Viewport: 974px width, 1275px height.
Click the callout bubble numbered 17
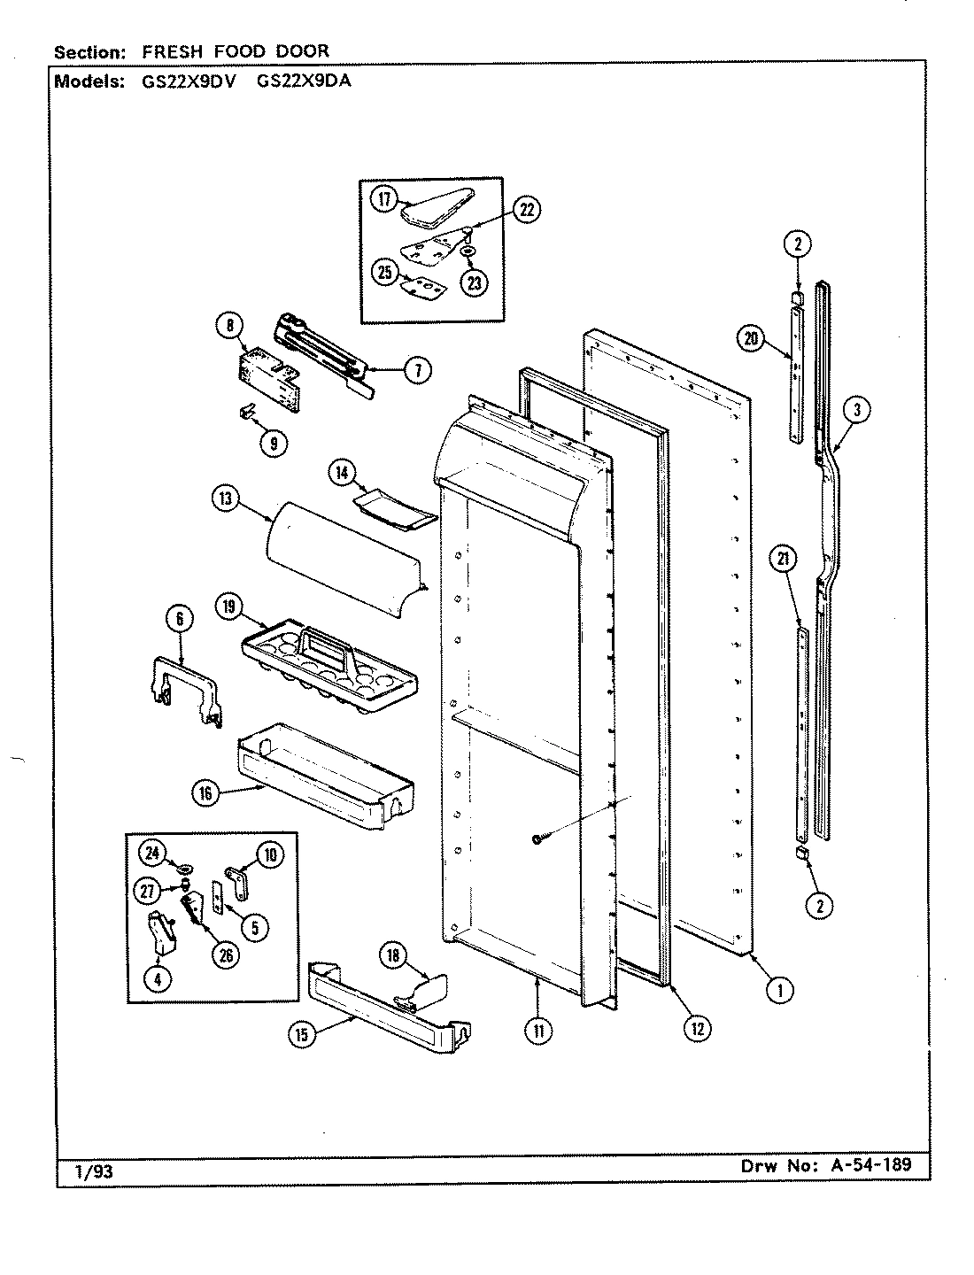384,199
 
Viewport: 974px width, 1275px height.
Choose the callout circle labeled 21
785,559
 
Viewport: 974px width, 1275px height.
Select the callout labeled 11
539,1029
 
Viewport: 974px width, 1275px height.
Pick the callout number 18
393,954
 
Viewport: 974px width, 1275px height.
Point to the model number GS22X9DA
299,82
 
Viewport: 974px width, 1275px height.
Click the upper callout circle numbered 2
797,243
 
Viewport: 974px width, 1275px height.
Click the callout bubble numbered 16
206,793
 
